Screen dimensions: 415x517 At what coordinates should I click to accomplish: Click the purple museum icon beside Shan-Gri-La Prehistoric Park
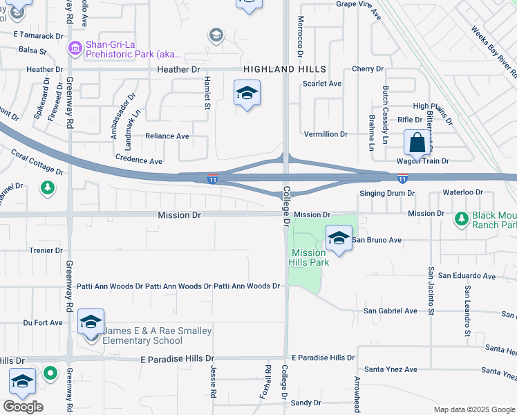pyautogui.click(x=75, y=49)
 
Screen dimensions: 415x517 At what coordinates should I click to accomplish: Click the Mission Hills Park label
pyautogui.click(x=308, y=257)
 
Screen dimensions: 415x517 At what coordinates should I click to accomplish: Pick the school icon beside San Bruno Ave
pyautogui.click(x=339, y=239)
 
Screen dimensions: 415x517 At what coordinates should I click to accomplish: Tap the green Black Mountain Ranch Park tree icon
pyautogui.click(x=461, y=219)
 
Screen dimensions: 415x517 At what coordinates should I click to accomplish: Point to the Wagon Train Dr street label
pyautogui.click(x=422, y=160)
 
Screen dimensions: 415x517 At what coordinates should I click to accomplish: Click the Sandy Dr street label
pyautogui.click(x=306, y=403)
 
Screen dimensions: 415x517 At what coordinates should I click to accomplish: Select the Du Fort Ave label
pyautogui.click(x=43, y=322)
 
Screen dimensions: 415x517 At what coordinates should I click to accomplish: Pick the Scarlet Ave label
pyautogui.click(x=322, y=84)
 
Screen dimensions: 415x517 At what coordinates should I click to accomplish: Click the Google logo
pyautogui.click(x=23, y=406)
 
